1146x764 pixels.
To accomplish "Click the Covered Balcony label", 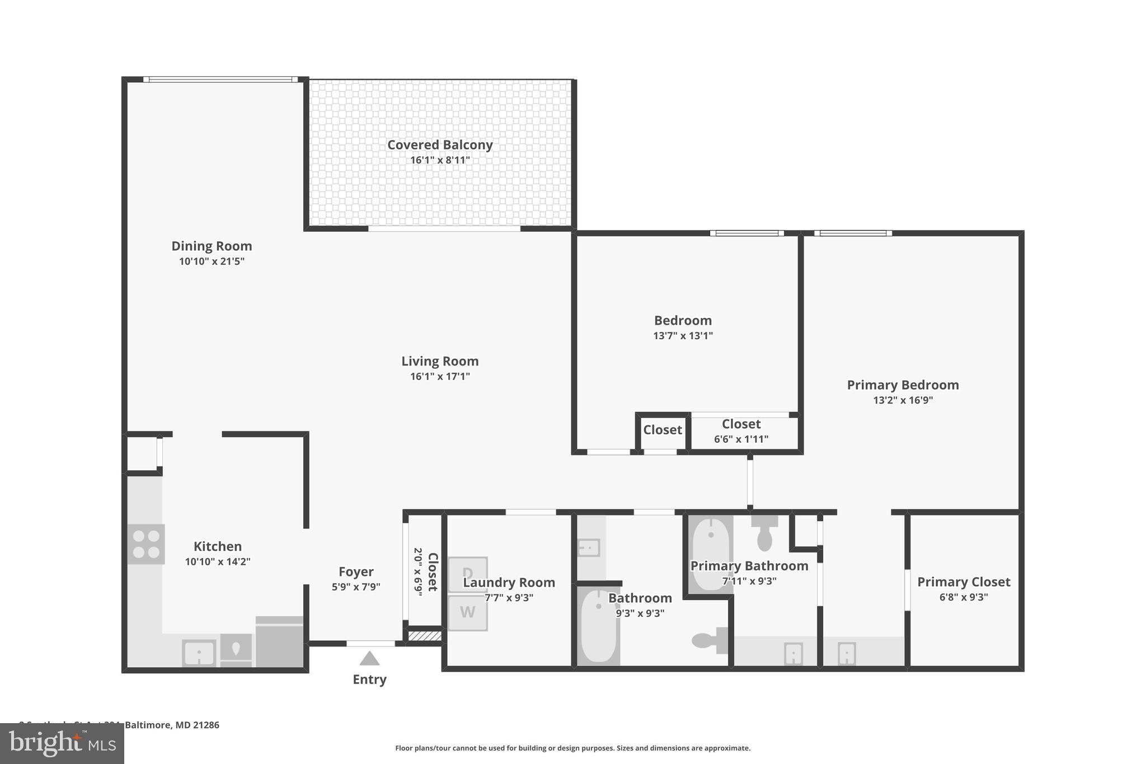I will [x=440, y=145].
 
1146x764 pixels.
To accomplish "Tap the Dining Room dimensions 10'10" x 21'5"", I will [x=212, y=261].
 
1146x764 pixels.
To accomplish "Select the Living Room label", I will [x=440, y=362].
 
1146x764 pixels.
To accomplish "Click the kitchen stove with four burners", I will [x=146, y=544].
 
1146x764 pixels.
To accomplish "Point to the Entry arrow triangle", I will [x=369, y=659].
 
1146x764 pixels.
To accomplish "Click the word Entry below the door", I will [x=369, y=679].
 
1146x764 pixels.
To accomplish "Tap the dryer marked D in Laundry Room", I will [x=468, y=574].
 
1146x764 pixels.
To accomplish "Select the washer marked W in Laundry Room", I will [x=468, y=612].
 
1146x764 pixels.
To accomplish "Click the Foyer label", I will [x=356, y=572].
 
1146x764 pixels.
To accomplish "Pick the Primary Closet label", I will [x=964, y=582].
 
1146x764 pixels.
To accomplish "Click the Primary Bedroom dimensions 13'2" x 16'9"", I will [x=903, y=400].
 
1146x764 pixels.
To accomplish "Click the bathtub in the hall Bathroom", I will [x=599, y=627].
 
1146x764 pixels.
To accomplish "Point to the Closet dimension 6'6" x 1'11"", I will [x=741, y=439].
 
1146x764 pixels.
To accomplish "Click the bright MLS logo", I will [x=62, y=743].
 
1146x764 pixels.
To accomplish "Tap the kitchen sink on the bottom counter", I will [x=199, y=653].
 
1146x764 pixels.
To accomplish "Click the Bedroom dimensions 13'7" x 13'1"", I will [x=683, y=336].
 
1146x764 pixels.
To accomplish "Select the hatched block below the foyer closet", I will [x=424, y=636].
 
